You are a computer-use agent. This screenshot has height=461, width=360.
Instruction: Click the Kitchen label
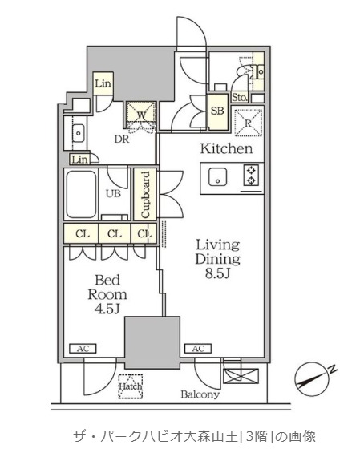coord(226,148)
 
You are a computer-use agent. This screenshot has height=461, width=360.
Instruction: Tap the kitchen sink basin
coord(217,177)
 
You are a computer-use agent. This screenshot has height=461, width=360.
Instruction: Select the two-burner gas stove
coord(251,176)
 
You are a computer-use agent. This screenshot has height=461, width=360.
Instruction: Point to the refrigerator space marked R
coord(249,123)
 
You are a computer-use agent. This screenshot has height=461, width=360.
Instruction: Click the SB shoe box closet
coord(217,111)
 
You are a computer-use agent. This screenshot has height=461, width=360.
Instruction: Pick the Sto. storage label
coord(240,97)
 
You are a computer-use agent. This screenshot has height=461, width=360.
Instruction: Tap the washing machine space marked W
coord(141,115)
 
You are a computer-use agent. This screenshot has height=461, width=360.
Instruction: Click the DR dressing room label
coord(122,139)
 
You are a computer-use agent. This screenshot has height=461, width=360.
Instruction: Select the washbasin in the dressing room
coord(79,133)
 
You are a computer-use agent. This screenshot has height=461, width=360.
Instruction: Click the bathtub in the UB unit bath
coord(81,194)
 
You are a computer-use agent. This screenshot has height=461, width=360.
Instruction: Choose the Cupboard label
coord(145,195)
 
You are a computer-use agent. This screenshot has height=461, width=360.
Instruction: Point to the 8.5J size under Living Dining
coord(217,273)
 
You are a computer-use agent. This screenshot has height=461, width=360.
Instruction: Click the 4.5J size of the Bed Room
coord(107,309)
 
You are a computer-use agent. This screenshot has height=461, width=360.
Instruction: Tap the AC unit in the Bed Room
coord(83,349)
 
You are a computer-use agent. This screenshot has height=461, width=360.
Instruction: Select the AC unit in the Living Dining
coord(198,349)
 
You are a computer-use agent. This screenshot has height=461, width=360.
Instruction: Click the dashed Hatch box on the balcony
coord(131,386)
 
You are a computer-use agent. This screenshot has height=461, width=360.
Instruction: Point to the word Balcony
coord(200,394)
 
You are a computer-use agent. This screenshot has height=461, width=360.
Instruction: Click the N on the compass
coord(333,369)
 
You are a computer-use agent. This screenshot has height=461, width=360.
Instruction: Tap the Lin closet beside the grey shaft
coord(103,83)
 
